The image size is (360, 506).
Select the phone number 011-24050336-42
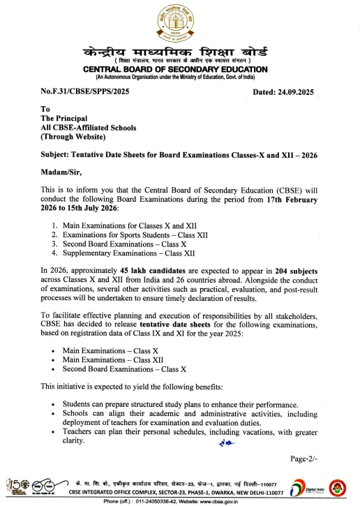coord(153,500)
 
